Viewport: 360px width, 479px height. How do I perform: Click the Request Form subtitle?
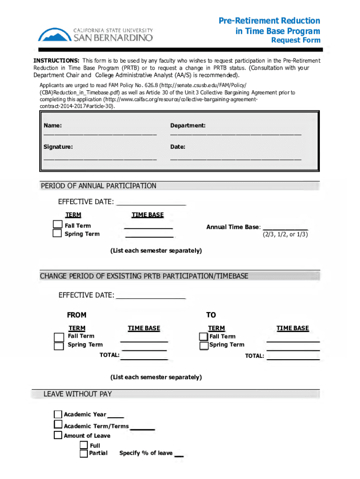pos(296,40)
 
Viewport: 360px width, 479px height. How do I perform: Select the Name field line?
pos(100,134)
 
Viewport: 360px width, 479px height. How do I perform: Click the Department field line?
pos(236,134)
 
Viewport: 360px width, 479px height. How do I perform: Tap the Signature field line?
pos(100,159)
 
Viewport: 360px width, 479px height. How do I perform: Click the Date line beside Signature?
pos(236,159)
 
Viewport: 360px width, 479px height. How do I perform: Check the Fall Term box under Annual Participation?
pos(57,225)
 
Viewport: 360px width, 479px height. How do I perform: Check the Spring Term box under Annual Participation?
pos(57,233)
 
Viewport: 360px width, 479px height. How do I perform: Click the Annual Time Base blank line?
pos(286,229)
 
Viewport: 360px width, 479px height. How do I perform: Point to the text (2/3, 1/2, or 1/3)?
pos(285,234)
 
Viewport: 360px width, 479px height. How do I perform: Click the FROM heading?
pos(77,315)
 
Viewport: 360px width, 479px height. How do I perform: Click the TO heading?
pos(211,315)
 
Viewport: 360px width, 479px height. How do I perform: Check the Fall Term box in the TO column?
pos(203,337)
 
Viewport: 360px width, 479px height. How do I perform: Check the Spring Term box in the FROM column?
pos(58,346)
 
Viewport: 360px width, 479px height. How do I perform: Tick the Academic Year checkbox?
pos(58,414)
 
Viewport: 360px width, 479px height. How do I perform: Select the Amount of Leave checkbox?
pos(58,435)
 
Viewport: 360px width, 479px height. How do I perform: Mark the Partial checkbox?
pos(84,453)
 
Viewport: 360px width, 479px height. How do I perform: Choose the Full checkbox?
pos(84,445)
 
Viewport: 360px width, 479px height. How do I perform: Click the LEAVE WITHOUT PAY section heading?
pos(78,394)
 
